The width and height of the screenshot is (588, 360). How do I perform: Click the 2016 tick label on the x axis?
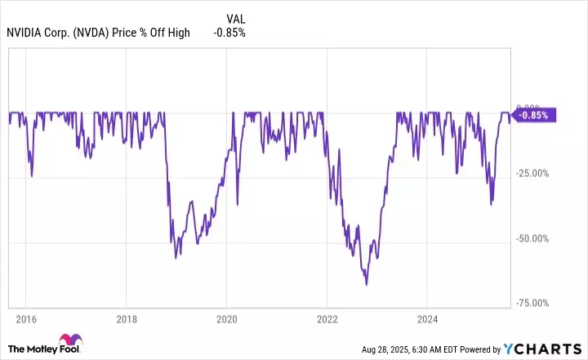[x=25, y=318]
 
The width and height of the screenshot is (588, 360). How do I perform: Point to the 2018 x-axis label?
[x=126, y=318]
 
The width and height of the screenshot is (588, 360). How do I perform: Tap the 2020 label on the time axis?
[x=226, y=318]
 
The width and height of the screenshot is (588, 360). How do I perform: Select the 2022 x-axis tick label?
[x=327, y=318]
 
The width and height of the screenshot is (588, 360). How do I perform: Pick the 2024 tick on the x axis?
[x=427, y=318]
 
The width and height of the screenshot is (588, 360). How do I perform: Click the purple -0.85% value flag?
[x=536, y=115]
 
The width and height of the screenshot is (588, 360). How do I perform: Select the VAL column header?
[x=235, y=17]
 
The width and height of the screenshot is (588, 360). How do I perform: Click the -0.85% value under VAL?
[x=229, y=33]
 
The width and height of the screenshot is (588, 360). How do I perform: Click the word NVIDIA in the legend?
[x=24, y=33]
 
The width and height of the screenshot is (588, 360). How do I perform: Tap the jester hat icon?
[x=67, y=343]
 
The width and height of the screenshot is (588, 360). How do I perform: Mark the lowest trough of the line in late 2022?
[x=367, y=285]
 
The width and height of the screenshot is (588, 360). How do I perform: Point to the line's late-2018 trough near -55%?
[x=176, y=258]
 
